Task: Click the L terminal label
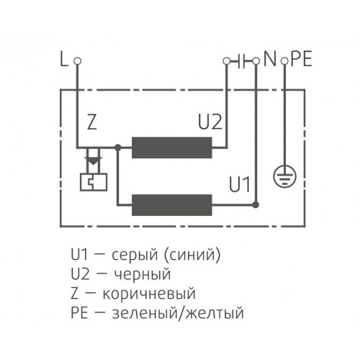click(x=64, y=59)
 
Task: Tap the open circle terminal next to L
click(x=77, y=61)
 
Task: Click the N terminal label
click(x=270, y=59)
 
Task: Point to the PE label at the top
click(x=301, y=59)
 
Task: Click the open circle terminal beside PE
click(x=284, y=61)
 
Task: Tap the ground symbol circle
click(x=285, y=176)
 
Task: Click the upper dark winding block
click(x=172, y=148)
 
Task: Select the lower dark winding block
click(x=172, y=205)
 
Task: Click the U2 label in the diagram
click(x=210, y=122)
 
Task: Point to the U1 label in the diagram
click(x=240, y=184)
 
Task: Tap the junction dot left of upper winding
click(x=118, y=148)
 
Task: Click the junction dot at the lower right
click(x=256, y=205)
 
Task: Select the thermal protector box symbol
click(x=94, y=182)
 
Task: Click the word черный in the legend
click(x=143, y=274)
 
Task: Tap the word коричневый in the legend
click(x=149, y=294)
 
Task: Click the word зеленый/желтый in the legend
click(x=178, y=313)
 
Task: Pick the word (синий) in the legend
click(x=192, y=255)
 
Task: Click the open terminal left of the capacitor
click(x=226, y=61)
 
